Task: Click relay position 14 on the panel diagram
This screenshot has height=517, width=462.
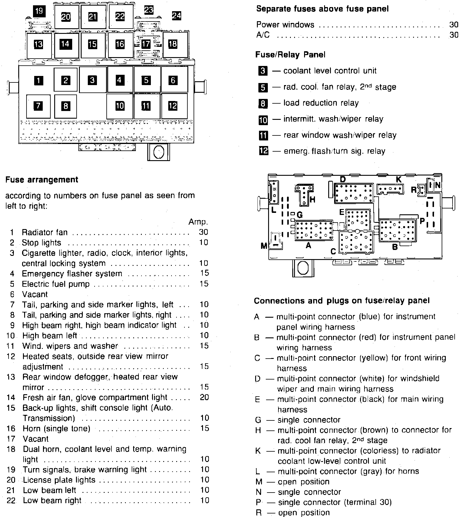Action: tap(65, 44)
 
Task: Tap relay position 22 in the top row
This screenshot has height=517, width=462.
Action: tap(120, 16)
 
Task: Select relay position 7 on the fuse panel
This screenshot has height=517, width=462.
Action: tap(38, 106)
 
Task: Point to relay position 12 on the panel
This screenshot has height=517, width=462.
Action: tap(173, 105)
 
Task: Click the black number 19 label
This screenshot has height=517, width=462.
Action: tap(39, 11)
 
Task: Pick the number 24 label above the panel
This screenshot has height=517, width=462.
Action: tap(176, 16)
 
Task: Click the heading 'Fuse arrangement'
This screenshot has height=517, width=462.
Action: tap(42, 180)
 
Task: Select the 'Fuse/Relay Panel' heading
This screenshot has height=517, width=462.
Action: tap(290, 55)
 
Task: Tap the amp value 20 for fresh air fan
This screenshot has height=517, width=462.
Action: tap(204, 397)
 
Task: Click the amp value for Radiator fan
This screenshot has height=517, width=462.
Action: tap(203, 232)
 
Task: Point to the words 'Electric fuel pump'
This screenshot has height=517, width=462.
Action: tap(56, 284)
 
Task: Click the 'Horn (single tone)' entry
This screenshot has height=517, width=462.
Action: tap(57, 428)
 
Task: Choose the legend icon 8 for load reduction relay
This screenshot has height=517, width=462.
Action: tap(263, 103)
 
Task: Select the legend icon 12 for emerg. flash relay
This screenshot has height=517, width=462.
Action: tap(263, 151)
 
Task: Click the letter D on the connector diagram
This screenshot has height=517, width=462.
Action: tap(343, 179)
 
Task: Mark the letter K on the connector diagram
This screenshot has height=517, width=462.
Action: tap(398, 179)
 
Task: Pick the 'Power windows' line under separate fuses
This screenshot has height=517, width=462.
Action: tap(285, 25)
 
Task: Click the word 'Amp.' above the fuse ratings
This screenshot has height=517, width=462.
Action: tap(198, 222)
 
